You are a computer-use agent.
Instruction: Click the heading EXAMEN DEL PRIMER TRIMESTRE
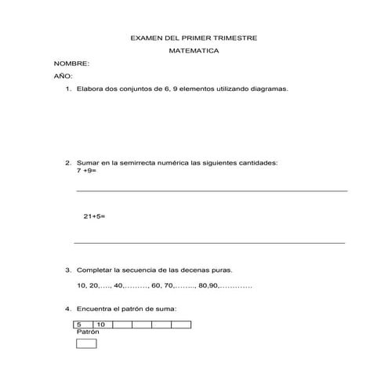pos(193,38)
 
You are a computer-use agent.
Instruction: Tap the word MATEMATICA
pos(194,50)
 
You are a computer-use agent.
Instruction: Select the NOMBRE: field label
pos(71,63)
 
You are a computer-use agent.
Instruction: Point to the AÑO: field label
pos(63,76)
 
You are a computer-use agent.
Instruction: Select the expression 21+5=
pos(93,216)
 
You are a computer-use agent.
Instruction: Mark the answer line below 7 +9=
pos(212,190)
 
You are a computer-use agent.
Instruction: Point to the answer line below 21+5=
pos(209,243)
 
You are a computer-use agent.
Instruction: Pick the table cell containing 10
pos(102,324)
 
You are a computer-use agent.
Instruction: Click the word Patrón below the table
pos(88,332)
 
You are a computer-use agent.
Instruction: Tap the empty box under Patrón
pos(86,343)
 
